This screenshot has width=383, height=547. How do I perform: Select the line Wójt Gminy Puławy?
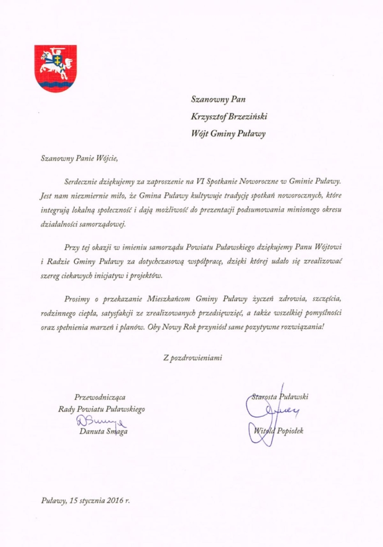[228, 133]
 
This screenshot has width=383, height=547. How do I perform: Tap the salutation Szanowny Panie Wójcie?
[77, 157]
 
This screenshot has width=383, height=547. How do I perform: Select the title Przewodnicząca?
[101, 396]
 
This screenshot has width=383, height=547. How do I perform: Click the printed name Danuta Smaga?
[103, 431]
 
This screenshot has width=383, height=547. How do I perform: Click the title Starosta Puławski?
[281, 396]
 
